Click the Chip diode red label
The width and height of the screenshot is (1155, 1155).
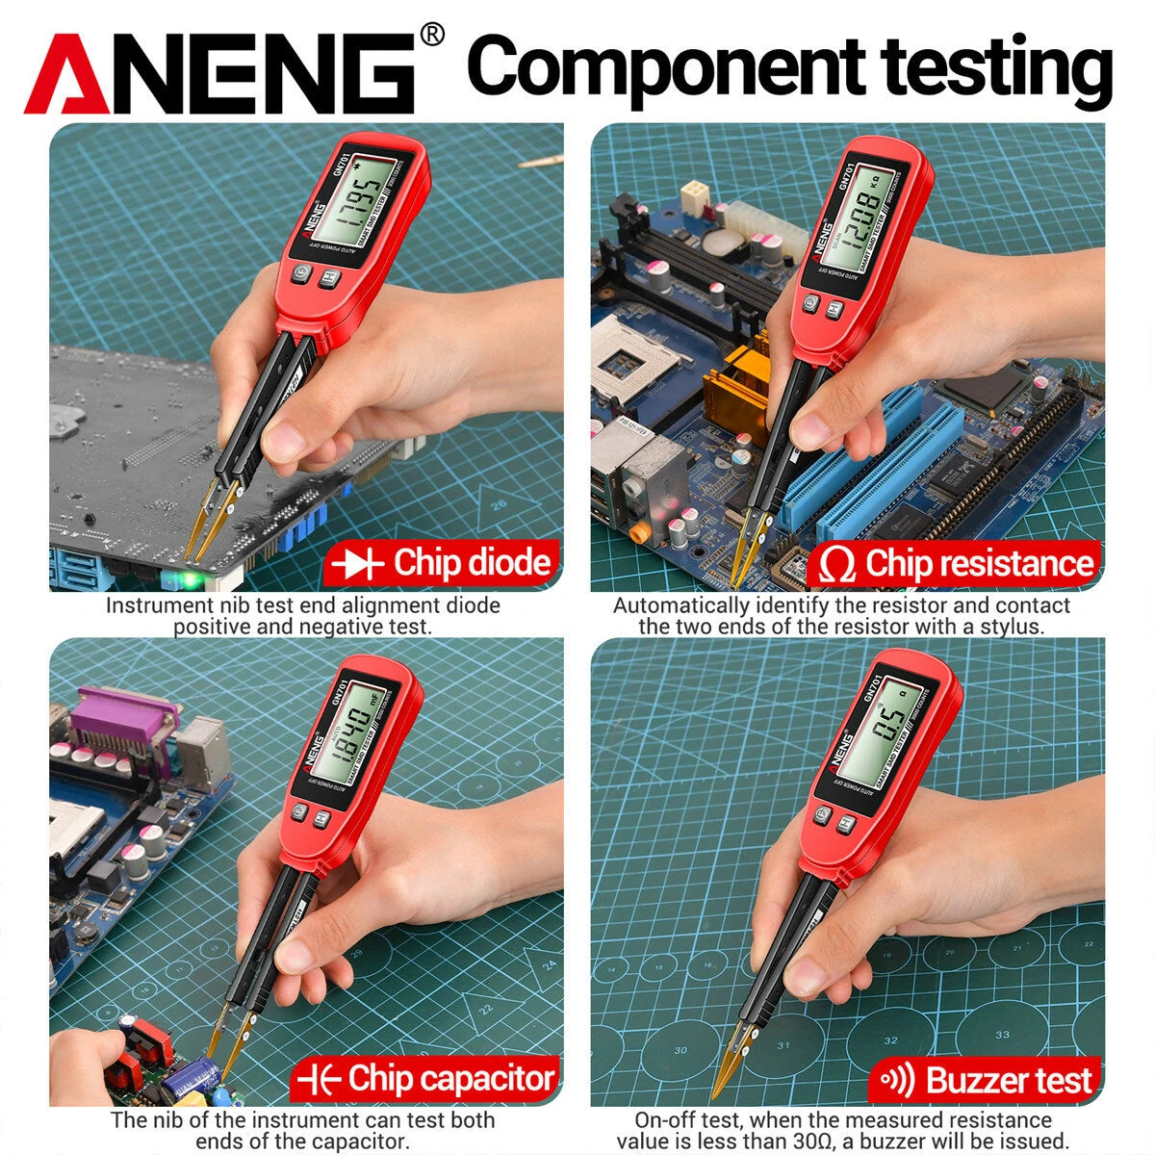(443, 563)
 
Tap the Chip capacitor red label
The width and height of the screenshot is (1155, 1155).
(427, 1079)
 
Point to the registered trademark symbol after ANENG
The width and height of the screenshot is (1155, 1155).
(433, 36)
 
